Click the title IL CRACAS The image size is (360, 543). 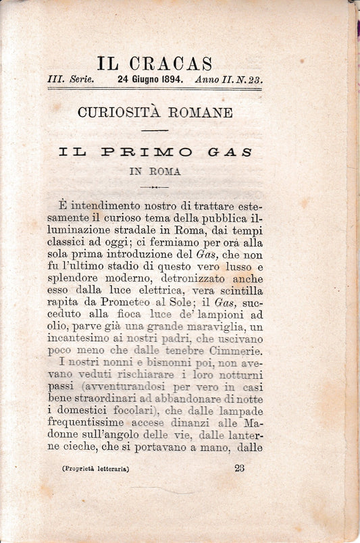(155, 64)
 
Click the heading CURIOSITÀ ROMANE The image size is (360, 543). (155, 113)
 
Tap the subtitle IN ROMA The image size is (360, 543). (155, 172)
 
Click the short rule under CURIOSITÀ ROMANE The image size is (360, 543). (155, 130)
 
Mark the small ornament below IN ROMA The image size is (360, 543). (155, 186)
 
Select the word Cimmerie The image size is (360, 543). (224, 351)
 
